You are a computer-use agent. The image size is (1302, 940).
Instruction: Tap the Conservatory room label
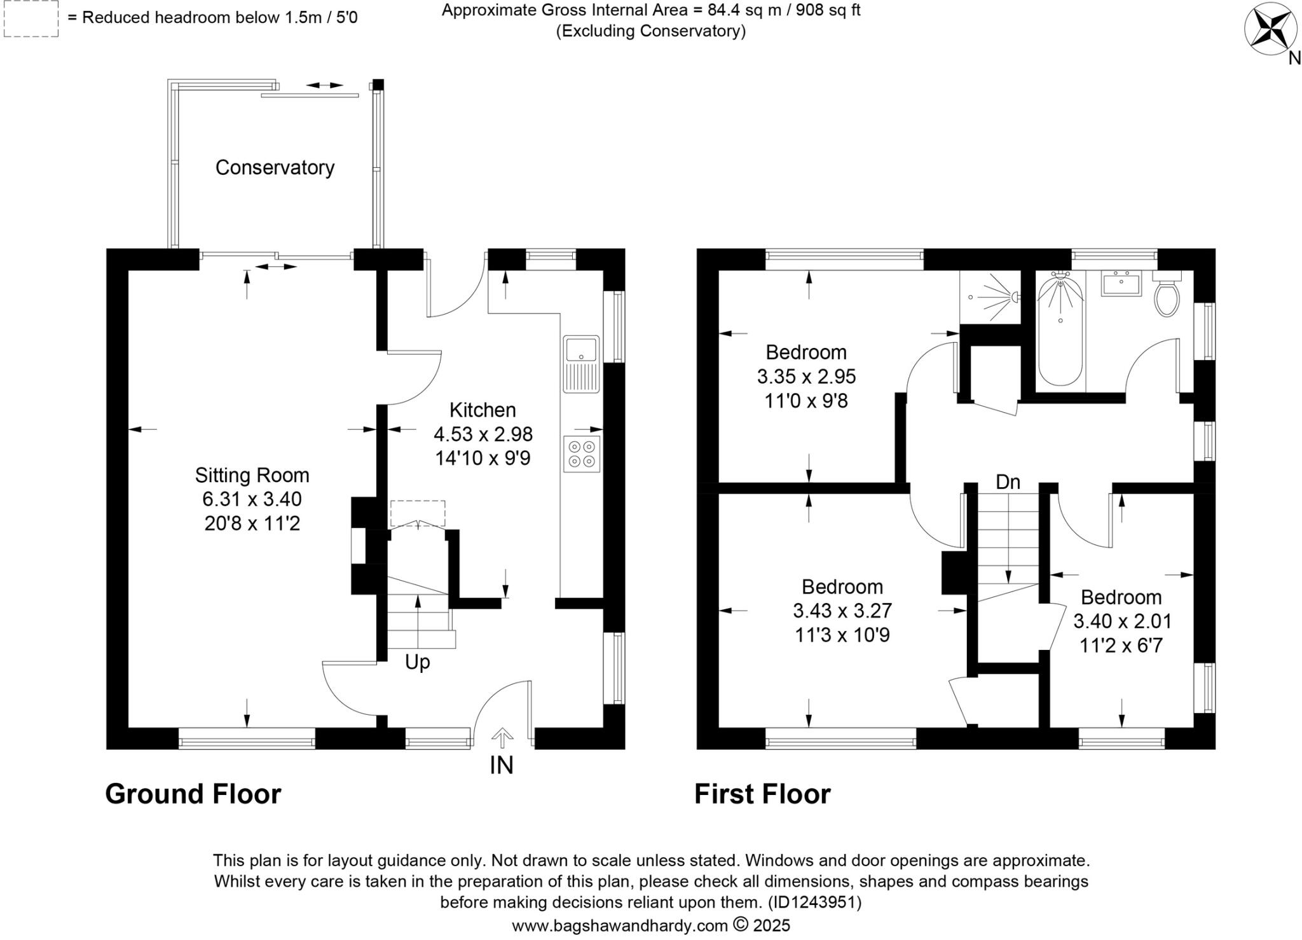coord(275,167)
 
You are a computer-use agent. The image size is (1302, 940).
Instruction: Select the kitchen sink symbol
coord(581,364)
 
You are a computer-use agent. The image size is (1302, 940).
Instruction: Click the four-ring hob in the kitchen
coord(582,453)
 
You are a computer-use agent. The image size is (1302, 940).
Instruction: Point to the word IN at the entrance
coord(501,765)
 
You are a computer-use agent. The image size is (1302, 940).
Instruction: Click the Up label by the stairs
coord(417,662)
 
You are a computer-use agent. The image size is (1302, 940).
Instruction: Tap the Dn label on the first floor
coord(1008,482)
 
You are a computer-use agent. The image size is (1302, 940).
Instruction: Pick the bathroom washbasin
coord(1121,283)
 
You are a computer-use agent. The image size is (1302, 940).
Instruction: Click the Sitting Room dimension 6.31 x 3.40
coord(252,499)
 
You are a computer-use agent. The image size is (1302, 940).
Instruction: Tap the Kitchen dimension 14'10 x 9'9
coord(483,458)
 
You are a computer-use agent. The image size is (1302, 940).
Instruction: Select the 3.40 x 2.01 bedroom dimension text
coord(1122,621)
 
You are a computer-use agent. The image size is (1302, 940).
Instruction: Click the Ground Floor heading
coord(193,794)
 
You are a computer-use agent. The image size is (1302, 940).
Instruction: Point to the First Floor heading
coord(762,794)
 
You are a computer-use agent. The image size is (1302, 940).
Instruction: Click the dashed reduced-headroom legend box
coord(31,18)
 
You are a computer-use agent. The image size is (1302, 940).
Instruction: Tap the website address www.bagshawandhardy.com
coord(619,925)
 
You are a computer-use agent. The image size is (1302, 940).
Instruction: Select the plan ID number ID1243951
coord(814,902)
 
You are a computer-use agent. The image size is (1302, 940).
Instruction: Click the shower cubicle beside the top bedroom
coord(990,297)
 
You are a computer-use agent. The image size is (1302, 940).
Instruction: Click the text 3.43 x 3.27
coord(842,611)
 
